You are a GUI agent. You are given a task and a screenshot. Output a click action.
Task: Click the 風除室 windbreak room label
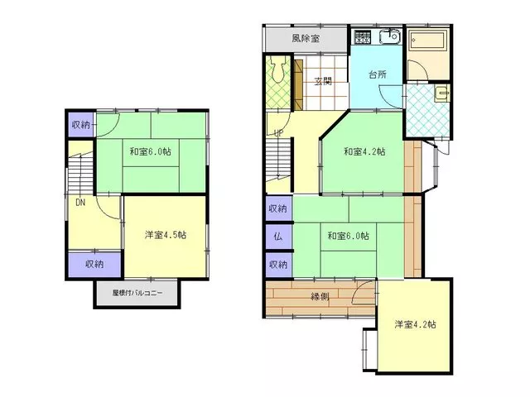(x=306, y=38)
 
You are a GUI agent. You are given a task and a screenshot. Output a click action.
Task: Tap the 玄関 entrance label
(x=323, y=81)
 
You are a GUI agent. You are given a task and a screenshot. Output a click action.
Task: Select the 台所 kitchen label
(x=378, y=74)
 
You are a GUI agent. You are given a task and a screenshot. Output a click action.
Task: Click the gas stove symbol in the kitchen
(x=363, y=36)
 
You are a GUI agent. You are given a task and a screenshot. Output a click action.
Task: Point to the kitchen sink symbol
(x=390, y=36)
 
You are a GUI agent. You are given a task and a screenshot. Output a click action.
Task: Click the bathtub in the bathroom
(x=428, y=41)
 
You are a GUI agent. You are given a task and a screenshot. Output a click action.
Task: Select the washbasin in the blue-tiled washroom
(x=442, y=93)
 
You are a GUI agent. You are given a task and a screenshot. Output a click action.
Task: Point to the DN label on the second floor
(x=80, y=203)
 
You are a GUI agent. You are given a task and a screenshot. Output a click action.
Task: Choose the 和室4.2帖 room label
(x=364, y=151)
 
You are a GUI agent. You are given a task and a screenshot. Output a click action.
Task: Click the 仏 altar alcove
(x=278, y=237)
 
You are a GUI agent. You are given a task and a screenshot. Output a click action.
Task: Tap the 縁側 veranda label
(x=320, y=297)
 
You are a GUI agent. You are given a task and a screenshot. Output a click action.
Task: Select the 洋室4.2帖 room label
(x=416, y=324)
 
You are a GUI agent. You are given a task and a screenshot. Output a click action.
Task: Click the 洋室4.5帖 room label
(x=166, y=235)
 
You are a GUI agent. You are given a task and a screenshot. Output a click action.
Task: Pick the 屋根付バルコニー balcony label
(x=137, y=293)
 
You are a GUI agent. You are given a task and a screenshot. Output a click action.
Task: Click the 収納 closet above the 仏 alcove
(x=278, y=208)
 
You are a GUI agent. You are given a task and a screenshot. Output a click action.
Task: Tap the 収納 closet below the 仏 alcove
(x=278, y=265)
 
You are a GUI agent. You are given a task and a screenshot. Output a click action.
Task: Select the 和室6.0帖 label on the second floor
(x=151, y=151)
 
